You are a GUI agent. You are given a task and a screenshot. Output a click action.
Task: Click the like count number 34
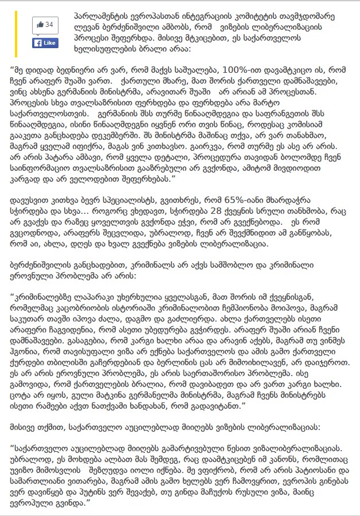coord(49,25)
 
